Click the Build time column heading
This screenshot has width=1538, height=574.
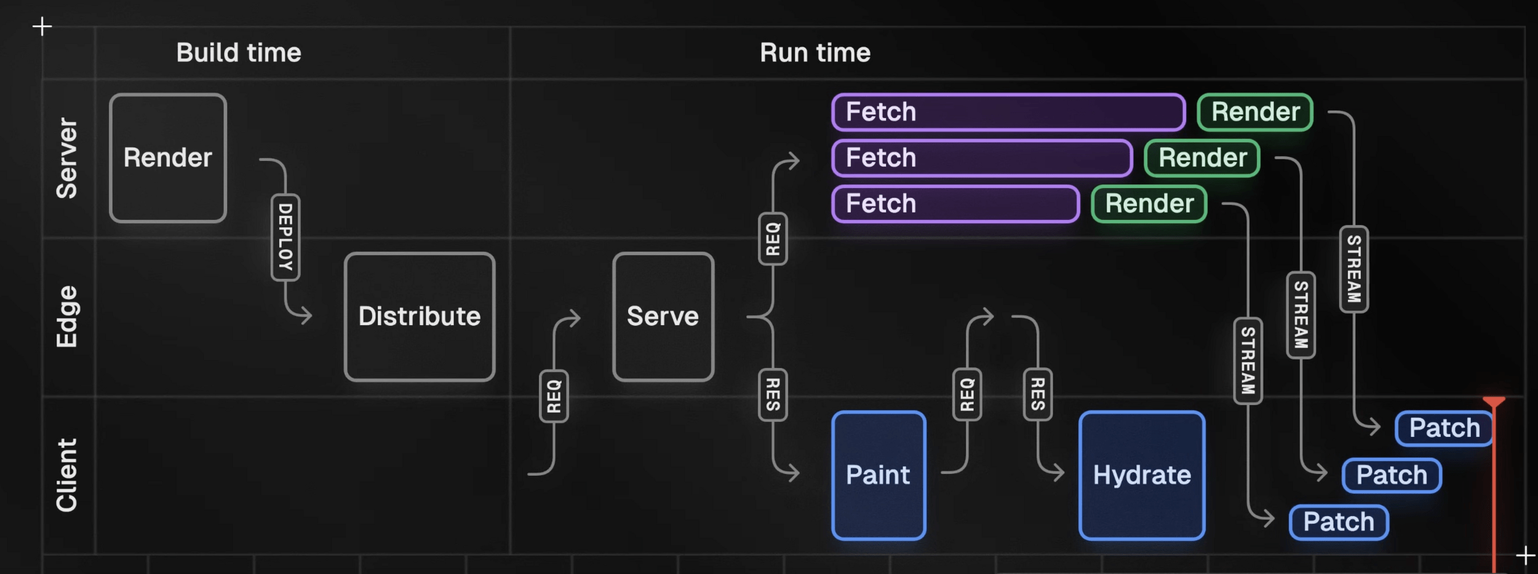click(239, 53)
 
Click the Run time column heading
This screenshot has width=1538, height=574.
click(815, 53)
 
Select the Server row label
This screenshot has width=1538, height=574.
click(67, 158)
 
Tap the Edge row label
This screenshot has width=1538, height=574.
click(67, 316)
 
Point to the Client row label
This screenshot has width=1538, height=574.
click(67, 475)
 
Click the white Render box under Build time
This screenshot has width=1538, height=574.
click(168, 158)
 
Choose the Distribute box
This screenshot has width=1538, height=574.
click(420, 316)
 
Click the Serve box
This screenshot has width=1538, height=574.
click(663, 316)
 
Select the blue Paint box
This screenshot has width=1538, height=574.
click(879, 475)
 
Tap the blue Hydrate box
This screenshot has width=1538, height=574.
click(1142, 475)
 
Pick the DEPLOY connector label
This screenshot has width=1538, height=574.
click(285, 237)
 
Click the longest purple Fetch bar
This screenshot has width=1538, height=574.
click(1008, 112)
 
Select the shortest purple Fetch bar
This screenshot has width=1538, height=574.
click(955, 203)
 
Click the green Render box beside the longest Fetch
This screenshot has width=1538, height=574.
click(1255, 112)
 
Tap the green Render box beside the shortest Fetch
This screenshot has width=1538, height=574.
click(1149, 203)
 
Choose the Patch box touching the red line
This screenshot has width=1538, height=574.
click(1443, 428)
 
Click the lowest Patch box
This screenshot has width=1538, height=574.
click(1339, 522)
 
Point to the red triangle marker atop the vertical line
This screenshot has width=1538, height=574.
click(1494, 402)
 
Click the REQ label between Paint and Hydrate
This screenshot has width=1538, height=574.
click(967, 395)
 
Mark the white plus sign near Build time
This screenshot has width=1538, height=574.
click(42, 26)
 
